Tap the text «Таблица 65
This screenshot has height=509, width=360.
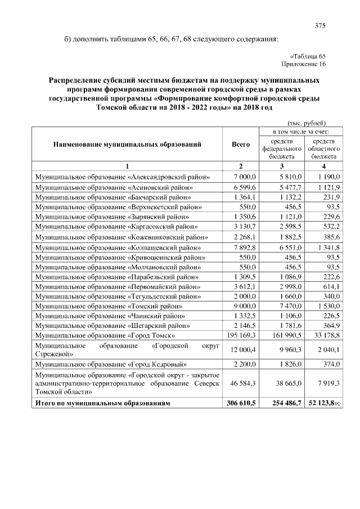click(308, 56)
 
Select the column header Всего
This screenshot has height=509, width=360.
click(241, 145)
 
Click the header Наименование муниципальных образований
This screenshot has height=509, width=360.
click(127, 145)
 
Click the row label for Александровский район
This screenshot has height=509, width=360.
click(123, 177)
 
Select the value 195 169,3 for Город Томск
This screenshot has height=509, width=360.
click(241, 335)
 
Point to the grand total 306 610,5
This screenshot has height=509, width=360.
click(241, 404)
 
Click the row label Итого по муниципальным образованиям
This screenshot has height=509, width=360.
click(102, 404)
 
